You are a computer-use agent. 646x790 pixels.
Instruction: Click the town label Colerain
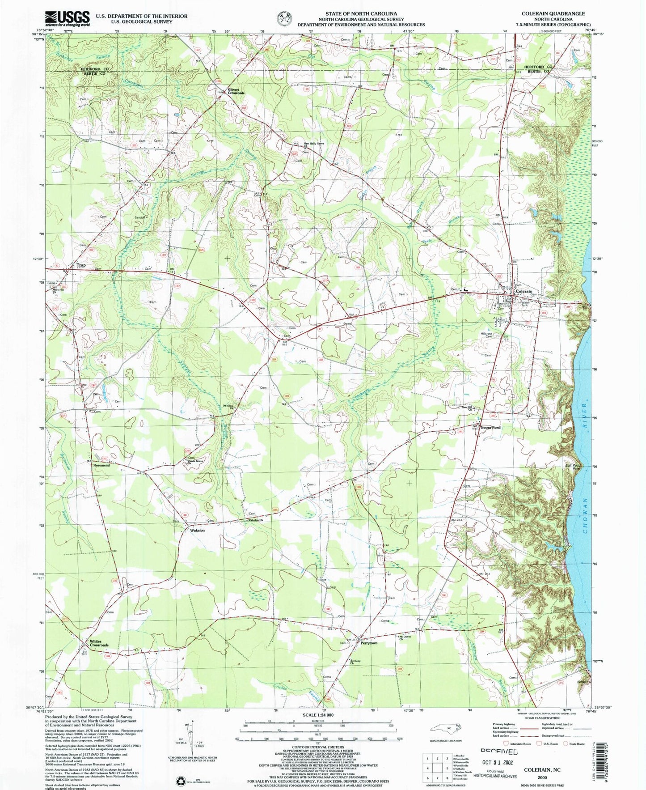(x=524, y=291)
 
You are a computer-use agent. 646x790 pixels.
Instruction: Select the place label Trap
(x=81, y=265)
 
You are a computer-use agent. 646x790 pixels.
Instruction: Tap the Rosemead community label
(x=101, y=466)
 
